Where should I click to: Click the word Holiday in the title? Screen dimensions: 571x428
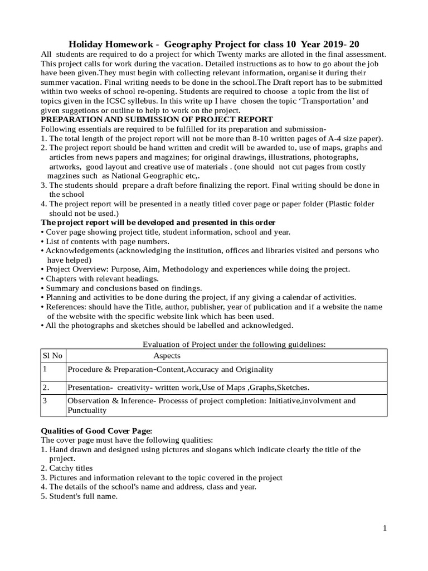tap(86, 44)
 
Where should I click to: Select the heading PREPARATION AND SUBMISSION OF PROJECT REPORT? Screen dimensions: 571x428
tap(157, 119)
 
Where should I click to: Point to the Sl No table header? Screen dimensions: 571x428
tap(52, 356)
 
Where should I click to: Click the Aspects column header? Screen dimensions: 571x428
tap(167, 356)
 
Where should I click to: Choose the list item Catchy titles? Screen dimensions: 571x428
tap(71, 468)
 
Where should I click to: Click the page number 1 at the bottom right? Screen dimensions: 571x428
tap(385, 529)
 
